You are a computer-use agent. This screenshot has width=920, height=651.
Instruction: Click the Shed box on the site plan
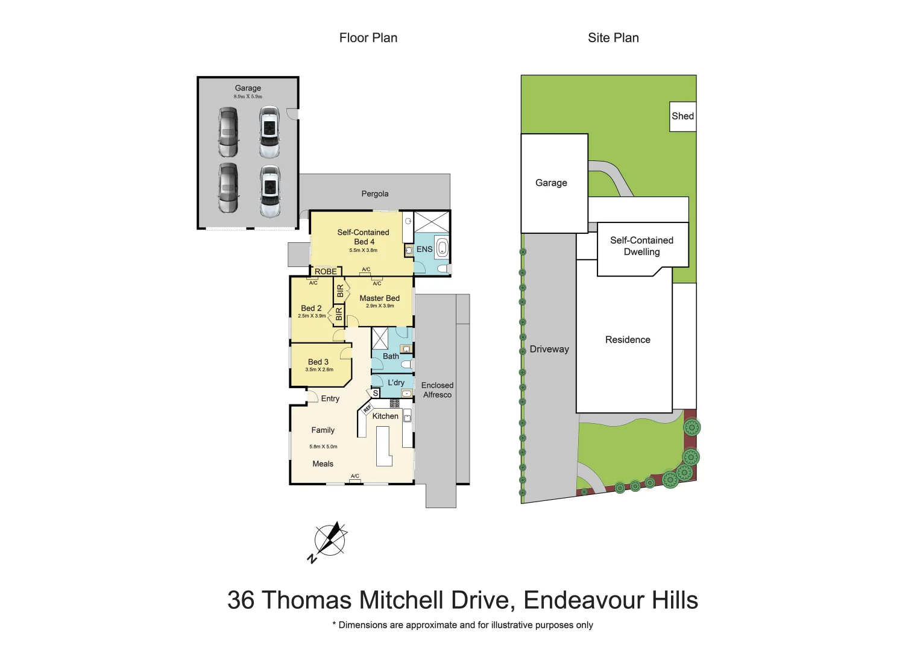[x=683, y=116]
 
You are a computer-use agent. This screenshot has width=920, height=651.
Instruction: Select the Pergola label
[x=375, y=193]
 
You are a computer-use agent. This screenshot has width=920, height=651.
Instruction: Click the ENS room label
[x=424, y=249]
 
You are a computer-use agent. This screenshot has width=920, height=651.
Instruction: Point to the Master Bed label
[x=379, y=298]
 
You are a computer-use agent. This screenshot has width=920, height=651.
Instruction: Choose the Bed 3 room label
[x=318, y=362]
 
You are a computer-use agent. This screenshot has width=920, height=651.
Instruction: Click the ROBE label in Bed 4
[x=326, y=271]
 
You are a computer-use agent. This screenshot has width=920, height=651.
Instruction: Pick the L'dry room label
[x=396, y=383]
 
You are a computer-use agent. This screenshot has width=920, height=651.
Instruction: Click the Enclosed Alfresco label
[x=437, y=390]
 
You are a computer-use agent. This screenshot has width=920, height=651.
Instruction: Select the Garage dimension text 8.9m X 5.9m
[x=248, y=96]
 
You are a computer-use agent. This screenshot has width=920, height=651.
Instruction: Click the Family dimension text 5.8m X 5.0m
[x=323, y=447]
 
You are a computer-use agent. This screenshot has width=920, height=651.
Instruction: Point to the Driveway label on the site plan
[x=549, y=349]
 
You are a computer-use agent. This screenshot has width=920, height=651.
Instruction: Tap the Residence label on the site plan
[x=628, y=340]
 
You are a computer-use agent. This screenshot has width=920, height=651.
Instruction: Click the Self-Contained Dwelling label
[x=641, y=246]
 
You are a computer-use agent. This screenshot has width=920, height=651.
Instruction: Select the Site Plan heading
[x=613, y=38]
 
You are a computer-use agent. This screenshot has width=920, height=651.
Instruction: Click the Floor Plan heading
[x=368, y=38]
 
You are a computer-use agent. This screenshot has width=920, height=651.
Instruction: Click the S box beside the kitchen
[x=376, y=393]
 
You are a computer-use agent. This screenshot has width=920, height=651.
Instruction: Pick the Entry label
[x=330, y=398]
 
